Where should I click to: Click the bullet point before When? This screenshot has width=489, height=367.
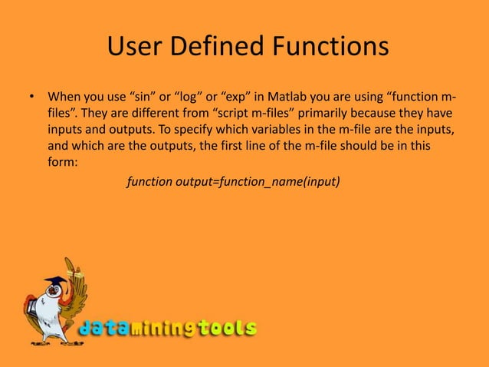point(32,98)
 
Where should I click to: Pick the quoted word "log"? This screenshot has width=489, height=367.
point(189,98)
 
